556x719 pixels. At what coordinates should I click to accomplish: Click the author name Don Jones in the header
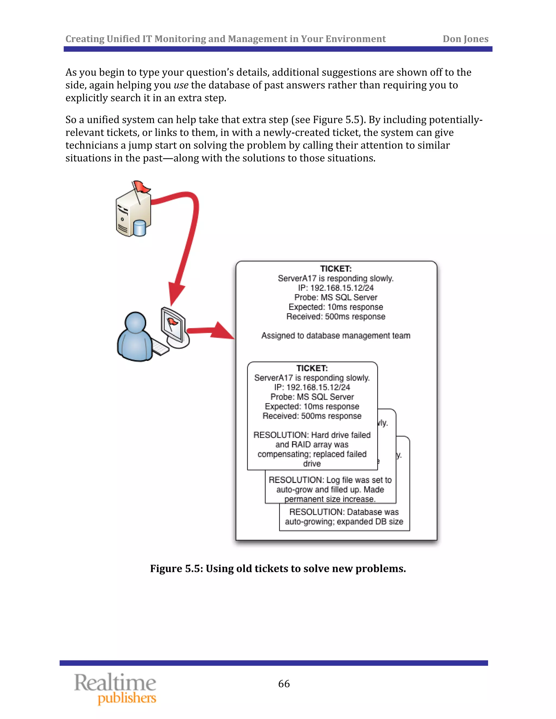click(x=465, y=39)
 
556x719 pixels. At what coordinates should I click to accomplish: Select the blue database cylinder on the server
click(x=140, y=228)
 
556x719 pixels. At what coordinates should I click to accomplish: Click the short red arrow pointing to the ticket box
click(x=211, y=330)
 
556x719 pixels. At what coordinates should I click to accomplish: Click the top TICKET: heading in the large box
click(x=336, y=269)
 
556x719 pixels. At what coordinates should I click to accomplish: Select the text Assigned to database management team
click(x=336, y=335)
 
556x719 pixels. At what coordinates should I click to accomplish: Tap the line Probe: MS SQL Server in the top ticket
click(x=336, y=297)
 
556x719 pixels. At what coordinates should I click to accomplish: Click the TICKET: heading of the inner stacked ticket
click(x=312, y=368)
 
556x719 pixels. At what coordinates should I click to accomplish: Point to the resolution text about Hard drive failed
click(x=312, y=449)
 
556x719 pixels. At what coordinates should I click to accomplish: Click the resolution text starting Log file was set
click(x=330, y=489)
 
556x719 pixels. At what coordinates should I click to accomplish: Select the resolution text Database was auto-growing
click(x=344, y=517)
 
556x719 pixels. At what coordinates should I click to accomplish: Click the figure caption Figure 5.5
click(x=278, y=568)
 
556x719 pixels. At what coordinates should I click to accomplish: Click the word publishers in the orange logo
click(x=127, y=698)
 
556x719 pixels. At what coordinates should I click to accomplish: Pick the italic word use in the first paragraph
click(x=181, y=85)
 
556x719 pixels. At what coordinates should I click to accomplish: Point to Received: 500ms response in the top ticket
click(x=336, y=316)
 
